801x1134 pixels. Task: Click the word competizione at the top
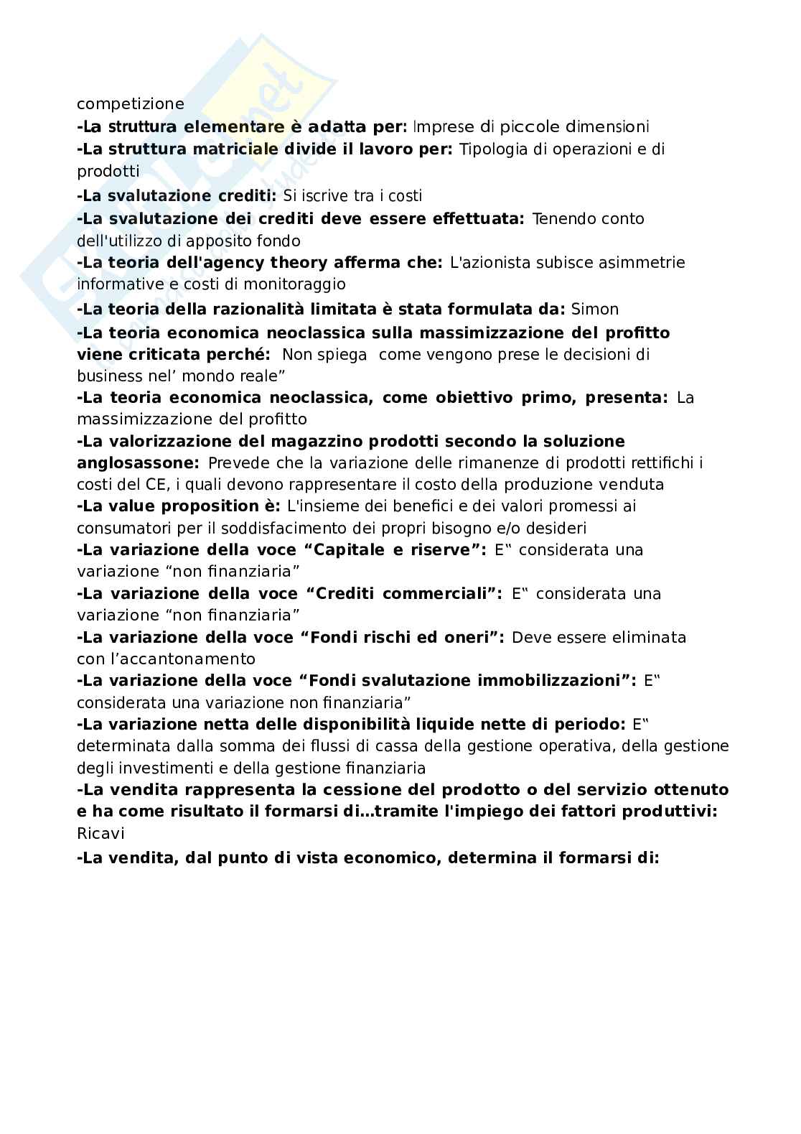pyautogui.click(x=131, y=104)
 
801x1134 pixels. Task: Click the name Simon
pyautogui.click(x=594, y=310)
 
